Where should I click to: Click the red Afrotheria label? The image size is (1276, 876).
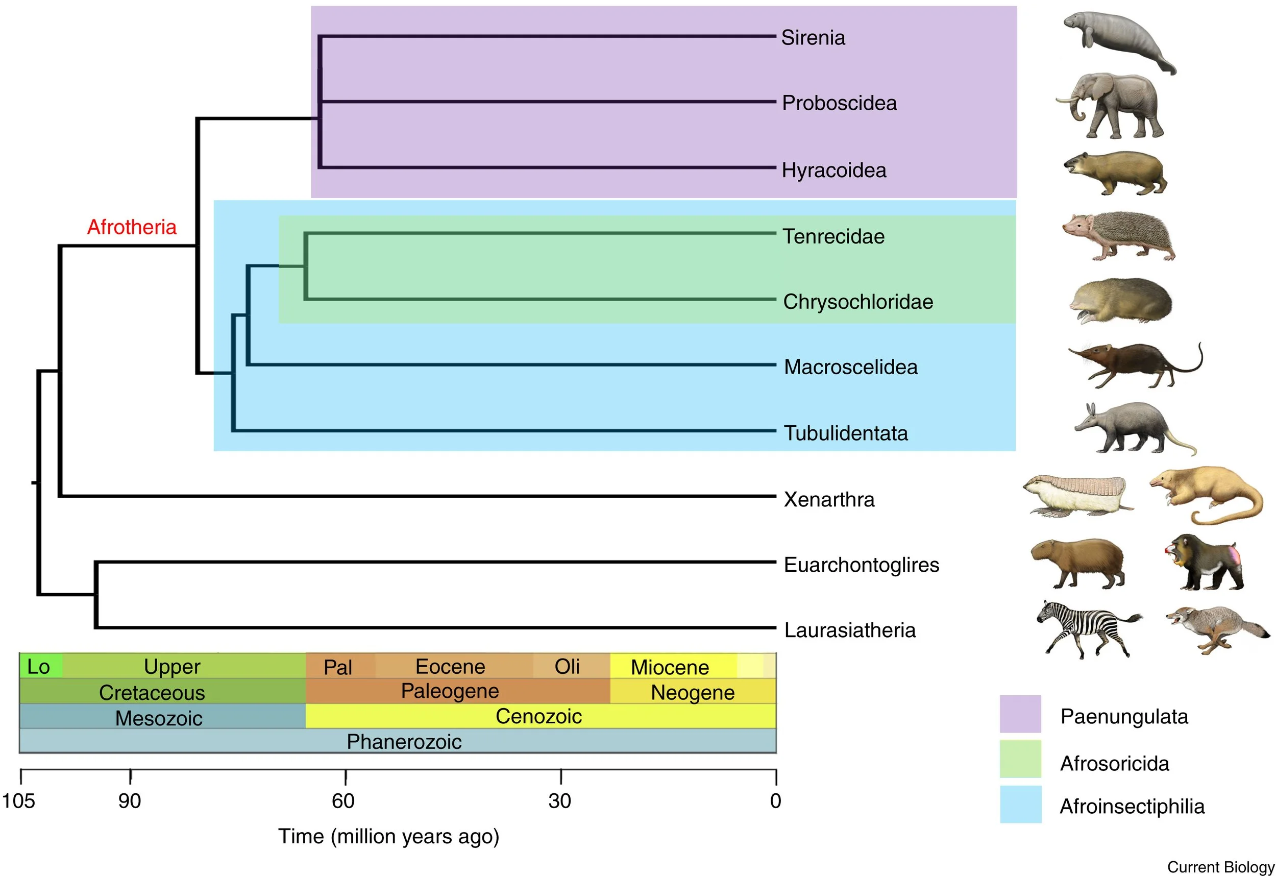[132, 227]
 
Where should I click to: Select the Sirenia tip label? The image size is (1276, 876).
[813, 37]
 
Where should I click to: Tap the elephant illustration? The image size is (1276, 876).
[1110, 106]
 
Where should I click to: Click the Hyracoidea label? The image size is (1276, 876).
[833, 171]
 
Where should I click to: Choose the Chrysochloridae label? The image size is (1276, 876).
[857, 302]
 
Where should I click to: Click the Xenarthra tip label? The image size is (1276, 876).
[828, 499]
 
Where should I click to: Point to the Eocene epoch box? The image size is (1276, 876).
[450, 666]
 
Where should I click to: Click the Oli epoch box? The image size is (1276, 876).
[567, 666]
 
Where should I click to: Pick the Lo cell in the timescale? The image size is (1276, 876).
[38, 666]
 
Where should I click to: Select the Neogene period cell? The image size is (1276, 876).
[692, 692]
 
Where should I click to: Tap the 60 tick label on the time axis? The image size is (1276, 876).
[343, 801]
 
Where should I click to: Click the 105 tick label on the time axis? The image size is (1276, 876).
[19, 801]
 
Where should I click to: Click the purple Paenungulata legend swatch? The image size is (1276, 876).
[1020, 714]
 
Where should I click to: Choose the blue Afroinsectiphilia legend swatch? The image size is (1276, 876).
[1020, 804]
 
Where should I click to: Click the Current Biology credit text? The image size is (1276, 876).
[1220, 867]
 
